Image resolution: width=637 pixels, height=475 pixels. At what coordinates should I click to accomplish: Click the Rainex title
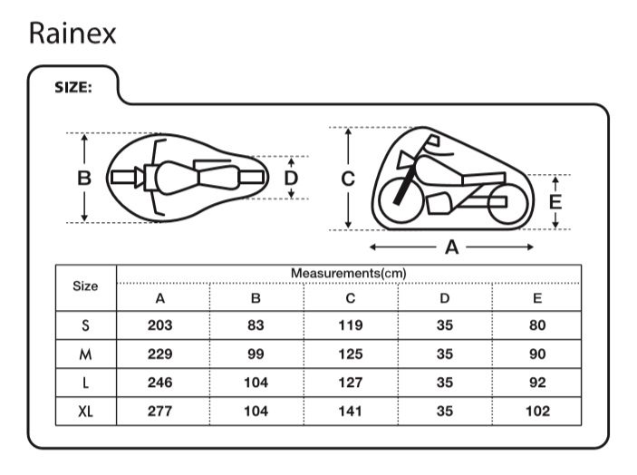[72, 33]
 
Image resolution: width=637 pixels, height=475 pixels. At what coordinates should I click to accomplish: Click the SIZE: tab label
[72, 89]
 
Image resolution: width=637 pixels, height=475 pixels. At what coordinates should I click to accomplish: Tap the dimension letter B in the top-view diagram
[84, 179]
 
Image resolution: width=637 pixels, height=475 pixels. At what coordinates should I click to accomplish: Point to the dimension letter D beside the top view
[291, 178]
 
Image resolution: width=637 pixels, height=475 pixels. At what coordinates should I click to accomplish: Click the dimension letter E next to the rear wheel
[555, 201]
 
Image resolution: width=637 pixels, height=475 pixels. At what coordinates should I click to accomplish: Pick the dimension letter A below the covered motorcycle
[451, 247]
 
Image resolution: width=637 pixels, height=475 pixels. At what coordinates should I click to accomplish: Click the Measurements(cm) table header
[348, 273]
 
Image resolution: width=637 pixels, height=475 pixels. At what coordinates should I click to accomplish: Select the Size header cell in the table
[85, 286]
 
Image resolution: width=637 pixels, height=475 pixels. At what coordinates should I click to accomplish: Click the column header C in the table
[351, 298]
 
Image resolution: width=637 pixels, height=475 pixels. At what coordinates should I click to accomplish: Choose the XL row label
[85, 411]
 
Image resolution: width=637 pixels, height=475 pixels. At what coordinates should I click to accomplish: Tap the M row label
[85, 354]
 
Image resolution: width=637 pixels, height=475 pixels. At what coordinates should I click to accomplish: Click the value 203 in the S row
[159, 325]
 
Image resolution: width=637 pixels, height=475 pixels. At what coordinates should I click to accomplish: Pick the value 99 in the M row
[256, 354]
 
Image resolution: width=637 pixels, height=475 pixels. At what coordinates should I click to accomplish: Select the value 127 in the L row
[351, 383]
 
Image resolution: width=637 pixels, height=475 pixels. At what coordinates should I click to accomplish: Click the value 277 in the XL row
[159, 411]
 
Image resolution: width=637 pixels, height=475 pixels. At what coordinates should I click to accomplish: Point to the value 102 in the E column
[537, 411]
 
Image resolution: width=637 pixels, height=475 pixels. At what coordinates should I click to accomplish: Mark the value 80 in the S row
[537, 325]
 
